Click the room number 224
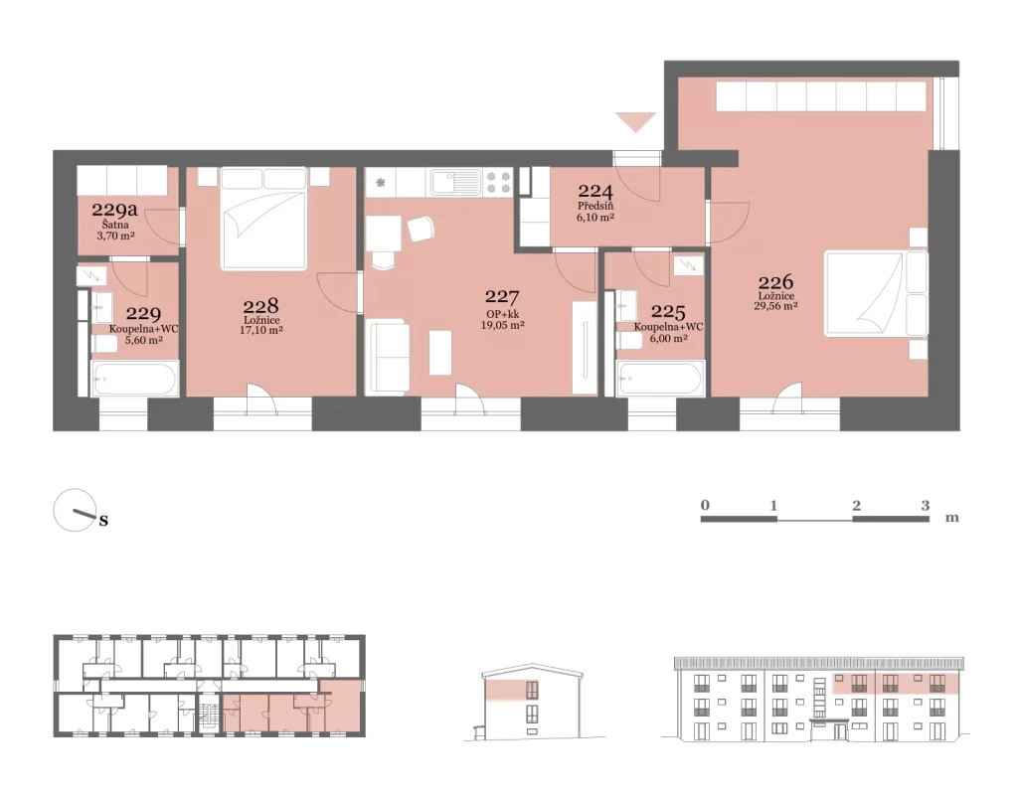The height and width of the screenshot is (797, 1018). [595, 191]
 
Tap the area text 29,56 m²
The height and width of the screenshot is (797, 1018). [775, 306]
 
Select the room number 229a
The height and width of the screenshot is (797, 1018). [115, 210]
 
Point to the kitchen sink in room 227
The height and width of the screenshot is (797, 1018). [455, 182]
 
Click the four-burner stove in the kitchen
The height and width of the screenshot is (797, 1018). [498, 183]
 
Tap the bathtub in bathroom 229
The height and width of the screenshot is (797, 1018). [135, 379]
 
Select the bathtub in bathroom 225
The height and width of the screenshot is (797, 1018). [661, 379]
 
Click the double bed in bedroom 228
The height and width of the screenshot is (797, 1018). [263, 219]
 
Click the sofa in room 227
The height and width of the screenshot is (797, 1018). [388, 357]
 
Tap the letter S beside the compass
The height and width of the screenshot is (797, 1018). [103, 521]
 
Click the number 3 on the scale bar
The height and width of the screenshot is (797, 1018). [926, 505]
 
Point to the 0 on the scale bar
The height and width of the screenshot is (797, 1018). [705, 505]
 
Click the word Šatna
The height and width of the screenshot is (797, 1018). [115, 225]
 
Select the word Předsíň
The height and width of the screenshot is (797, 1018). [595, 207]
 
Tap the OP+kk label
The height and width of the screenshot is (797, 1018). [502, 314]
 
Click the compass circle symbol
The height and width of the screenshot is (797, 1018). [75, 510]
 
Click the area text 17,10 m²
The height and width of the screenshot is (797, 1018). [261, 330]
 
